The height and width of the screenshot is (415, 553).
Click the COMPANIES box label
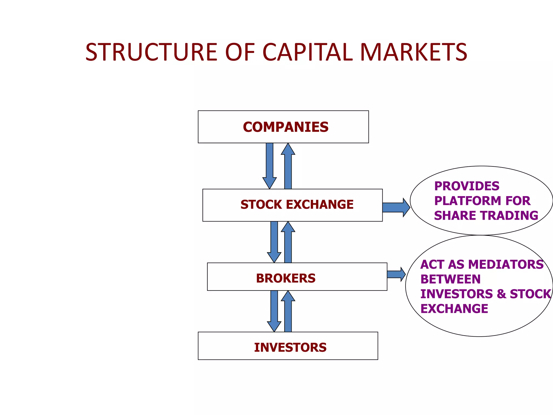tap(286, 127)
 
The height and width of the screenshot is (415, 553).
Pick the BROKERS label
tap(286, 278)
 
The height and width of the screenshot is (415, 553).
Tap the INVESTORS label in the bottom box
tap(290, 347)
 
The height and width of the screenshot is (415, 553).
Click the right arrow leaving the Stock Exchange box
tap(396, 207)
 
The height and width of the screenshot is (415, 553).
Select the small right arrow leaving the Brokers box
tap(396, 274)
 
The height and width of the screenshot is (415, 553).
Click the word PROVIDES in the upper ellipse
tap(467, 186)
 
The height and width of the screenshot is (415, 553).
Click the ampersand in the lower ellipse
tap(501, 294)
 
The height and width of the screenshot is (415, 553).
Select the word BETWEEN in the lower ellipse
tap(450, 279)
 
